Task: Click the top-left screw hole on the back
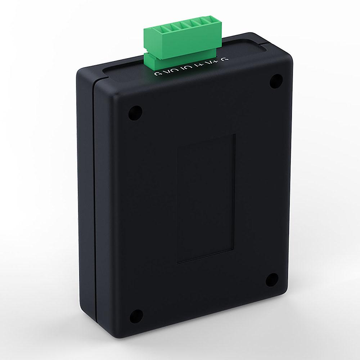coord(134,114)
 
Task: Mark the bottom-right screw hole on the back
coord(274,280)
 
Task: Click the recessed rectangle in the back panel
coord(206,198)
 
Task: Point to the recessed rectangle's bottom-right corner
coord(235,248)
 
